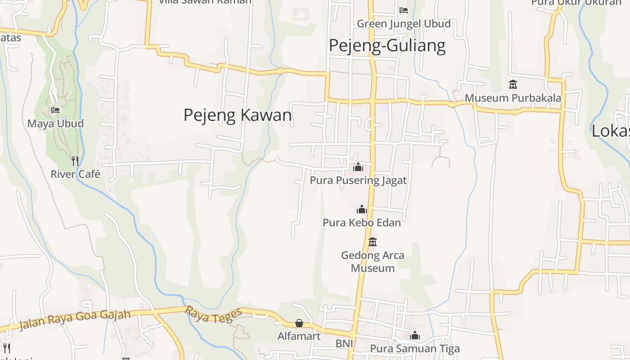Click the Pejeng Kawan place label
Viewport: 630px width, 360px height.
(x=238, y=115)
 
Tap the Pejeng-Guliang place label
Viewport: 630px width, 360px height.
(x=387, y=45)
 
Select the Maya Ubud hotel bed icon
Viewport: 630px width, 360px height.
(x=55, y=110)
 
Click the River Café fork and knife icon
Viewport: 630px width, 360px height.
(x=75, y=161)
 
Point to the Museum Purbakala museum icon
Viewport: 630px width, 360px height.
(x=513, y=84)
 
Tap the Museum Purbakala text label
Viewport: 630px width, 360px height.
(x=513, y=98)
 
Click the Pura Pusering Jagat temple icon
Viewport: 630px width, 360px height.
(x=358, y=167)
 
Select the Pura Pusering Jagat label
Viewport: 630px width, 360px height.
(x=358, y=180)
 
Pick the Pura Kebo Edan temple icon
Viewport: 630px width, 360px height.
(x=362, y=209)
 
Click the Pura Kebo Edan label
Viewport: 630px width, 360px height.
(x=362, y=222)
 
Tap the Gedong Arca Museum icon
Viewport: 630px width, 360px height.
(x=373, y=242)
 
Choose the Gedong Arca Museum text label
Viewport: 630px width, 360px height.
(x=373, y=261)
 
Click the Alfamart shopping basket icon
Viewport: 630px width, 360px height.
(x=299, y=323)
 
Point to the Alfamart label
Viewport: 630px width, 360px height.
(x=299, y=336)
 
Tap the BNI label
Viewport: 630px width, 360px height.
(x=344, y=344)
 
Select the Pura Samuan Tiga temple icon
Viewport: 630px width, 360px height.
(x=415, y=336)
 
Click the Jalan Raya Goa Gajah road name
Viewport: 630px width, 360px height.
(x=75, y=319)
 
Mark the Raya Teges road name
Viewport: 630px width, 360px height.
(x=214, y=315)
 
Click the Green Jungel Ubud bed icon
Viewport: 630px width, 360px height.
(x=404, y=10)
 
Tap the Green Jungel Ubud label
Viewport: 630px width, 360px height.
(x=404, y=23)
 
